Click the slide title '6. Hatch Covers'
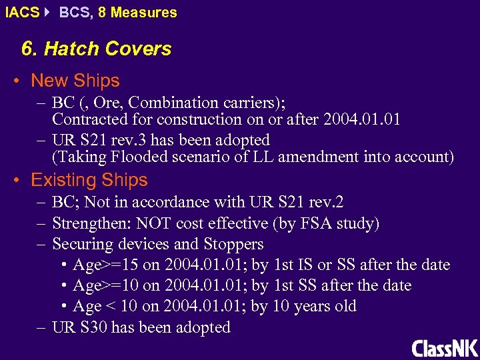(96, 49)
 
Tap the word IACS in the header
(21, 12)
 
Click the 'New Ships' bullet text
(75, 81)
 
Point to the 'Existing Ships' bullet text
(89, 180)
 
